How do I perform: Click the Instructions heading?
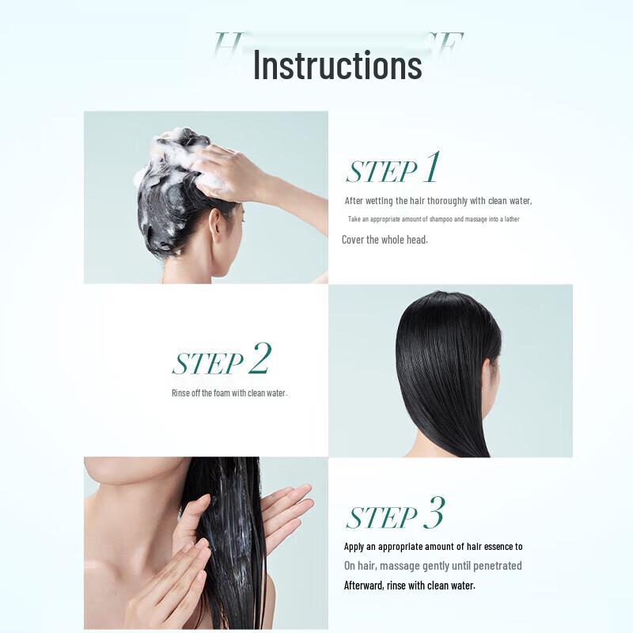[337, 64]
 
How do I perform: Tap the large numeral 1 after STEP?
[430, 168]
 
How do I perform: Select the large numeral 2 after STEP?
[259, 360]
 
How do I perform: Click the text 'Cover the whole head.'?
[385, 240]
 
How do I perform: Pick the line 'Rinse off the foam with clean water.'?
[229, 393]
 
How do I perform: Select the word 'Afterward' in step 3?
[366, 586]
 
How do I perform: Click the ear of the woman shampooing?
[214, 224]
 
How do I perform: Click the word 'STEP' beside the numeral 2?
[207, 365]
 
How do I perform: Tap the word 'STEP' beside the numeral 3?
[381, 517]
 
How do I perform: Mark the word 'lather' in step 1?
[509, 219]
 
